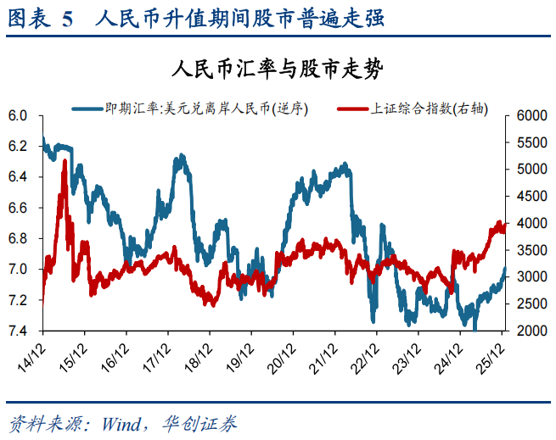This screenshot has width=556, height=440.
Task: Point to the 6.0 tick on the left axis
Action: pos(18,115)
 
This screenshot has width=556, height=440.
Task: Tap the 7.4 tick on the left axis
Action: pos(18,331)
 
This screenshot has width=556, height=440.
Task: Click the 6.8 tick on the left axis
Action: pos(18,238)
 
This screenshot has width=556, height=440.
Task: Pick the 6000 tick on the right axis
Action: pos(529,115)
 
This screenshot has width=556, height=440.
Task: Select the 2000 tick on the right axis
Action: pos(529,331)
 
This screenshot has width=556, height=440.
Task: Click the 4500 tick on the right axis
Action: pos(529,196)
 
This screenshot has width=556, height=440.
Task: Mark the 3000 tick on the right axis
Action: pos(529,277)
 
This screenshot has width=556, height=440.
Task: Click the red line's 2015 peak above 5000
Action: pos(65,161)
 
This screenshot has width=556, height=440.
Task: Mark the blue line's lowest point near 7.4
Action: pos(475,329)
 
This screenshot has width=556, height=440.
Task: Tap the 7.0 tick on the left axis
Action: pos(18,270)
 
